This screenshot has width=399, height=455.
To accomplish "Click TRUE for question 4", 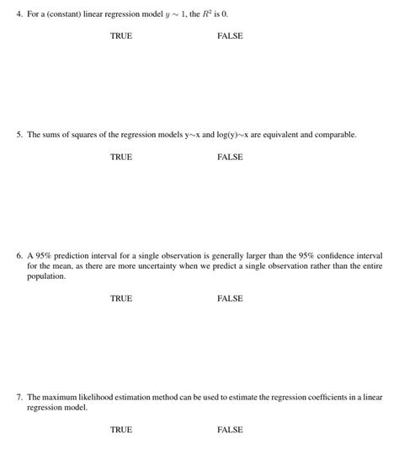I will [121, 36].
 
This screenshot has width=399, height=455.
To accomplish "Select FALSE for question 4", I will [230, 36].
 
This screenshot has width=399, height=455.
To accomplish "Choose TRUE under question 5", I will [121, 157].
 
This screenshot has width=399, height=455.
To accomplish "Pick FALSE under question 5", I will [230, 157].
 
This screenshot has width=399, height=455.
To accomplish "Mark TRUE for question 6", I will [121, 298].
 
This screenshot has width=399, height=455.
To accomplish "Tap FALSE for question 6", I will [230, 298].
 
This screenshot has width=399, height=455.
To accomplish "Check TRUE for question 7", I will [121, 430].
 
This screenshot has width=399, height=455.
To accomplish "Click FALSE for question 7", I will [230, 430].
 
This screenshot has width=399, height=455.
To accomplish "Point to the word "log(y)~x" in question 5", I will [223, 134].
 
